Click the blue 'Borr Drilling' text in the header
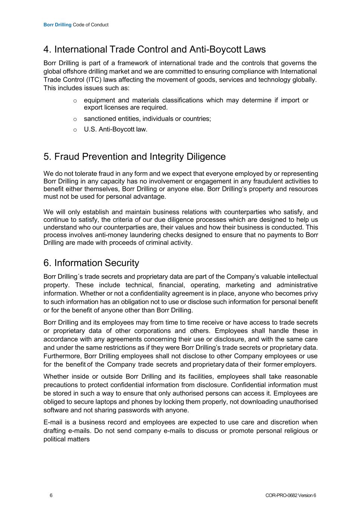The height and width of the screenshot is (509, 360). click(x=57, y=25)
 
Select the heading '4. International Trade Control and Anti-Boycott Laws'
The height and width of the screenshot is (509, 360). click(x=154, y=49)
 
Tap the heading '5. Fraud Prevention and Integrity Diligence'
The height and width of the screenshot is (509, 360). click(x=135, y=156)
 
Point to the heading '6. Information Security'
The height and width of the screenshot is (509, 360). click(x=91, y=263)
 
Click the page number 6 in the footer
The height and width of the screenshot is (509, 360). click(x=51, y=495)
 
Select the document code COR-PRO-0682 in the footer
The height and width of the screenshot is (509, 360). click(x=281, y=495)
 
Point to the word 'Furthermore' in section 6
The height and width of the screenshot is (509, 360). click(x=62, y=356)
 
